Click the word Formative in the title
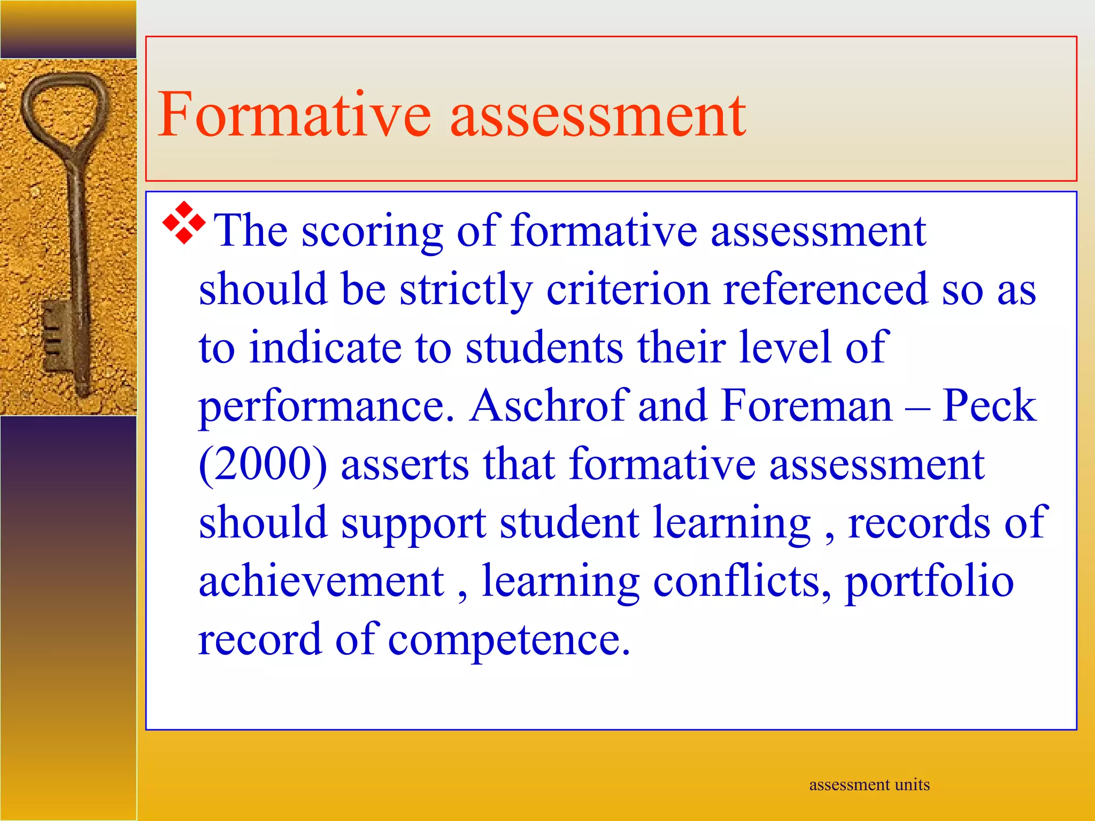tap(294, 114)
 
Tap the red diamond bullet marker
tap(183, 223)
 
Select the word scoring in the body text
tap(372, 232)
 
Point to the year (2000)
tap(263, 465)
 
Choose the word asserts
tap(405, 465)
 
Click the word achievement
tap(321, 581)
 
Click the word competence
tap(508, 641)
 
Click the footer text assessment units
tap(869, 785)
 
